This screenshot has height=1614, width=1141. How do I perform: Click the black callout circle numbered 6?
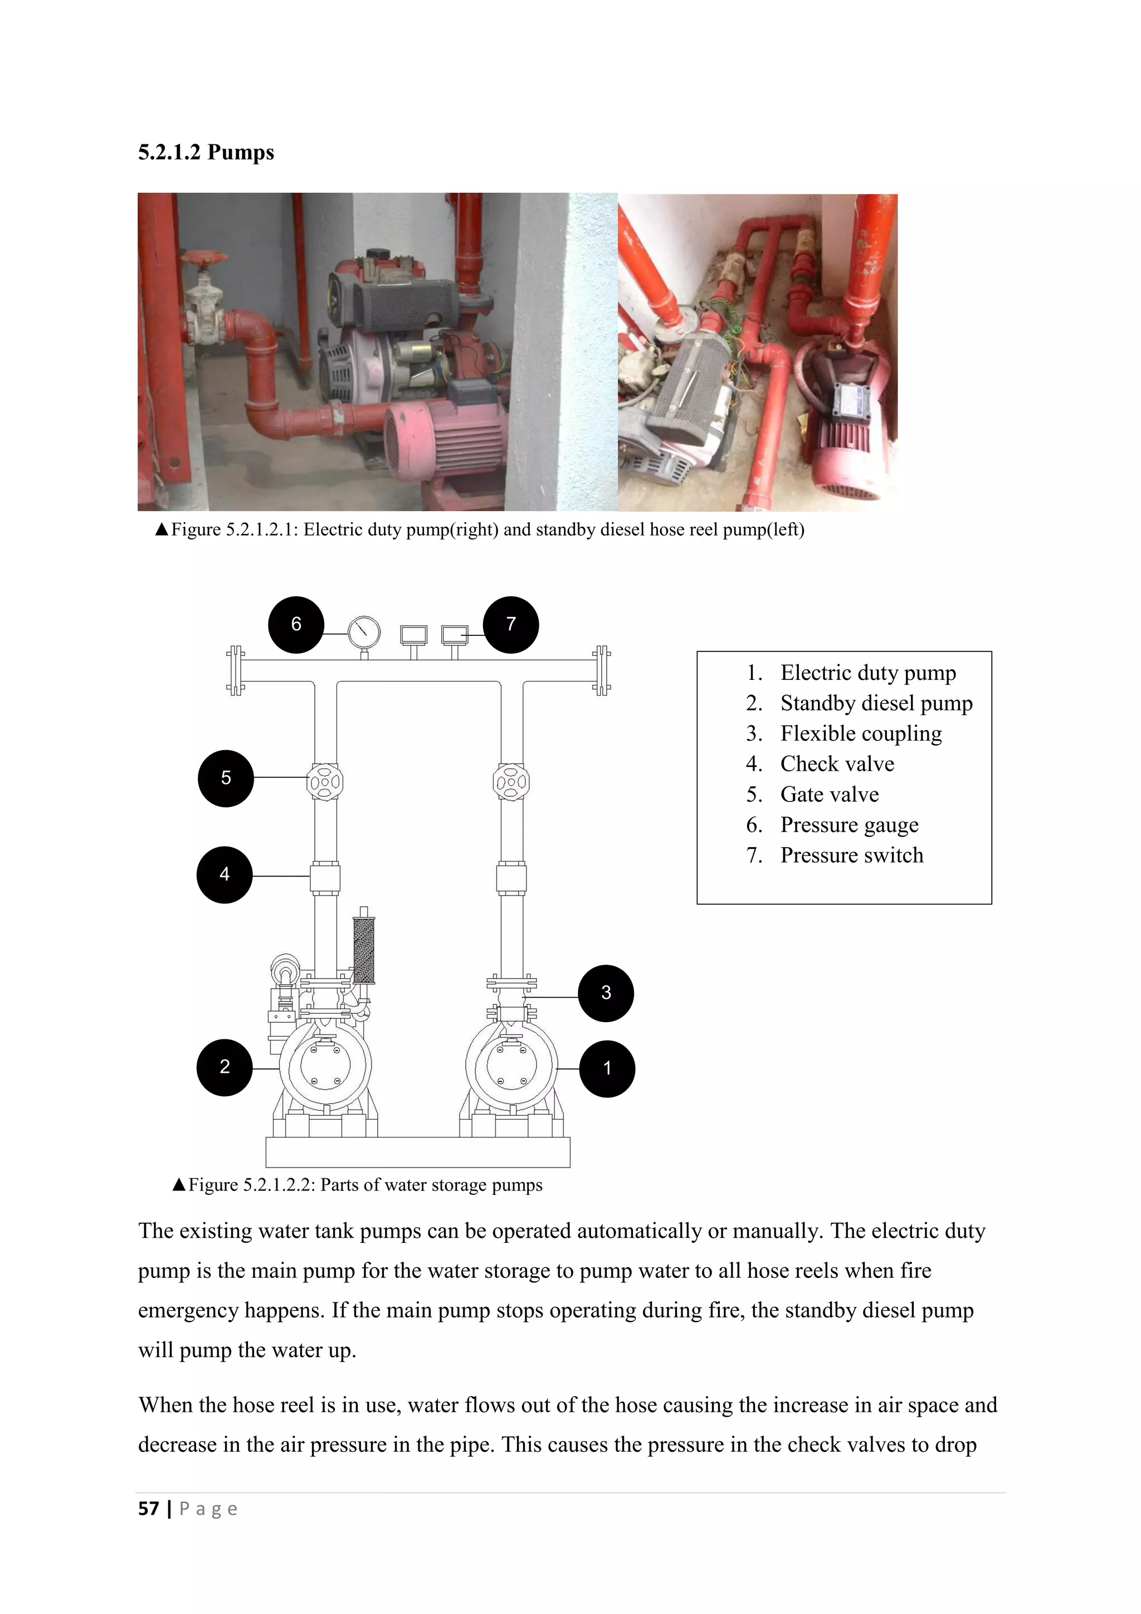click(296, 624)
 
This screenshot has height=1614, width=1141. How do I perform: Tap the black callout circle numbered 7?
click(511, 624)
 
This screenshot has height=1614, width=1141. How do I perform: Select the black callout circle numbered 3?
click(606, 993)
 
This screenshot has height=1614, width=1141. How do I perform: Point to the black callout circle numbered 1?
click(607, 1068)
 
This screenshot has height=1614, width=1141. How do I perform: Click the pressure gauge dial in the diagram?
click(364, 632)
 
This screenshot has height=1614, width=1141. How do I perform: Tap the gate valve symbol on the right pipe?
click(511, 782)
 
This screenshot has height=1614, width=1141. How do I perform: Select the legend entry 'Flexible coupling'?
click(860, 733)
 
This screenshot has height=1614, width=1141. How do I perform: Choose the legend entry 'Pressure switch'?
click(851, 855)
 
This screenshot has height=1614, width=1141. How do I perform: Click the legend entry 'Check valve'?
click(837, 764)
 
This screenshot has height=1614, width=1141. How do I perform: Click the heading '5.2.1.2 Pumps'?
click(206, 152)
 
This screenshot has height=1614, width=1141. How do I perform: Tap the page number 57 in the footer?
click(148, 1509)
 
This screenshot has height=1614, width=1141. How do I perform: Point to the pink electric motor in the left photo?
click(450, 436)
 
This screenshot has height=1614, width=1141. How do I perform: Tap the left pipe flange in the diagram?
click(235, 670)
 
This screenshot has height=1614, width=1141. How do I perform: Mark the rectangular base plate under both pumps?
click(417, 1151)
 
